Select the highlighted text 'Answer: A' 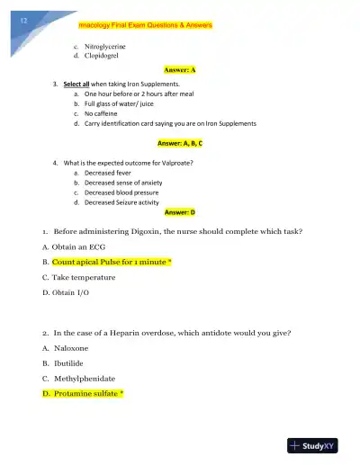pos(180,69)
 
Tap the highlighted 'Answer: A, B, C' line pos(180,143)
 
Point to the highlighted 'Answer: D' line pos(180,212)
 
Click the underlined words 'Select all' pos(76,84)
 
